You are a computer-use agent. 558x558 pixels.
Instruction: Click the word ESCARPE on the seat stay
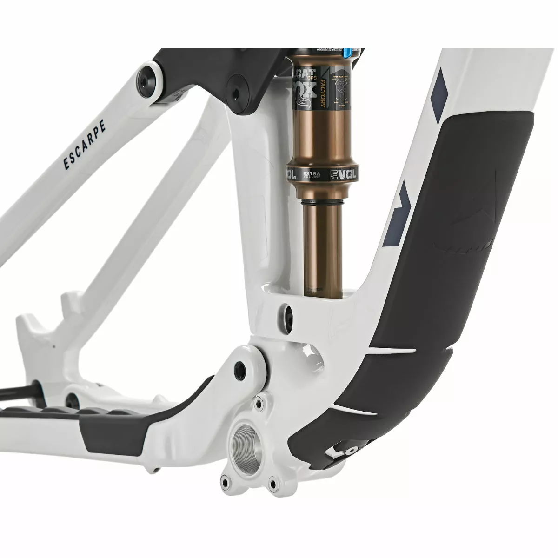pos(84,145)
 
